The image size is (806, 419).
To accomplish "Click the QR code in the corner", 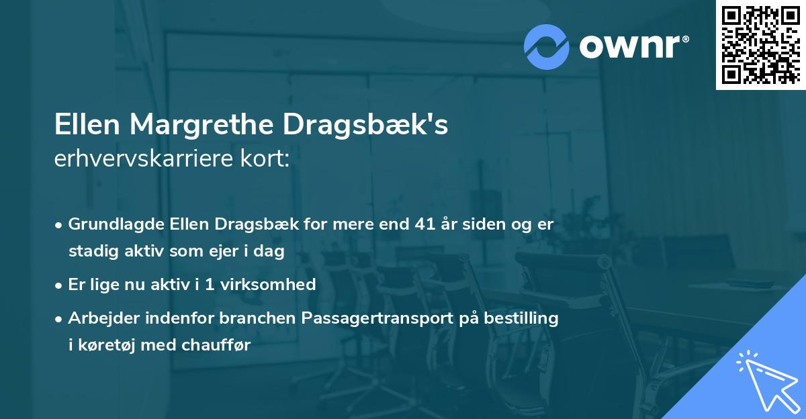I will click(760, 44).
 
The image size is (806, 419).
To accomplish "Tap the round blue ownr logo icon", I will click(547, 46).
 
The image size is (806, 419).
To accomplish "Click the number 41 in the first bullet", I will click(427, 224).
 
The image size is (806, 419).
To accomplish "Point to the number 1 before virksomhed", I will click(210, 284).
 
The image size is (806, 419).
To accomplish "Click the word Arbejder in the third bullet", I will click(100, 318).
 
